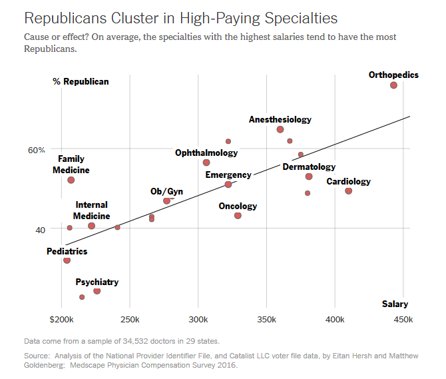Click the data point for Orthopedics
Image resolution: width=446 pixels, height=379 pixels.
tap(393, 85)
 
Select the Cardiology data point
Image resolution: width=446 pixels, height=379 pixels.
tap(348, 191)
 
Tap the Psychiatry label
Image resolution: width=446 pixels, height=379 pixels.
tap(97, 282)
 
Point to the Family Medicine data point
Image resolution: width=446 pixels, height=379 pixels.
tap(71, 180)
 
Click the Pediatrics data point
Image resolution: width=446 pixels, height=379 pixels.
tap(67, 260)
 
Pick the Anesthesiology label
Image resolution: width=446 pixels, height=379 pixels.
tap(280, 120)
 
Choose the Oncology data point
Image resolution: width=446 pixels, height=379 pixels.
tap(238, 215)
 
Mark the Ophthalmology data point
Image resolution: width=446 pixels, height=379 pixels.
tap(206, 163)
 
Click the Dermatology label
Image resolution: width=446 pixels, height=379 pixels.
tap(309, 167)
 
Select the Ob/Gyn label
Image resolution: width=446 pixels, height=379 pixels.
tap(166, 192)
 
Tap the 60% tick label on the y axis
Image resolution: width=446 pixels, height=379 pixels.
tap(36, 149)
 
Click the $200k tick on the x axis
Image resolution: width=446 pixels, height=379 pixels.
tap(62, 319)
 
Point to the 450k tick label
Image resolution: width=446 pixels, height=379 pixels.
tap(403, 319)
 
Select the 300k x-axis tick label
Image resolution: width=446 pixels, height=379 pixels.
tap(198, 319)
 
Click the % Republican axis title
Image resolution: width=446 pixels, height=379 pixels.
tap(81, 82)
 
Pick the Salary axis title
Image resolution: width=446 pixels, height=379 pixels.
tap(395, 304)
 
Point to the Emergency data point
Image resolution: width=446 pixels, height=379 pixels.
tap(228, 185)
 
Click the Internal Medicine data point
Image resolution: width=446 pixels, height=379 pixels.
tap(91, 226)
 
